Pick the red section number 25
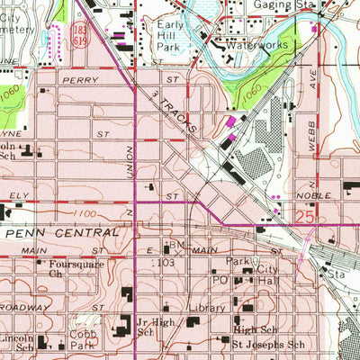[x=304, y=215]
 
